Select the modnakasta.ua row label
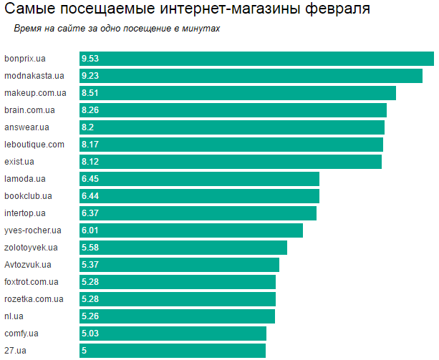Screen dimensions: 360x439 pos(34,76)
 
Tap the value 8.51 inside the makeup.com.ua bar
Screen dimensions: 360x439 pos(90,93)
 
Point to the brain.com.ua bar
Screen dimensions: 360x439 pos(233,110)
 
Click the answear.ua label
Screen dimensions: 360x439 pos(26,127)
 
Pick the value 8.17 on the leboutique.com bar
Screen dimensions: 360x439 pos(90,145)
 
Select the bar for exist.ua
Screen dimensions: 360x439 pos(231,162)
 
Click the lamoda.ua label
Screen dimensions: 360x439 pos(25,179)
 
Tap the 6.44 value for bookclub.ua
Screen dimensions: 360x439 pos(90,196)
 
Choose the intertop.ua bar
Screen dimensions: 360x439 pos(198,213)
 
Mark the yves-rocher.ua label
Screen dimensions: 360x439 pos(32,230)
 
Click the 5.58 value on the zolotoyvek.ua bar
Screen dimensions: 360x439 pos(90,248)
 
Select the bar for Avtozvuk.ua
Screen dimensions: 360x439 pos(179,265)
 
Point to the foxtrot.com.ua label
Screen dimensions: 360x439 pos(32,282)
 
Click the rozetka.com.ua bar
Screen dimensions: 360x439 pos(178,299)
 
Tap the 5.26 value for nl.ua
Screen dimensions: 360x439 pos(90,316)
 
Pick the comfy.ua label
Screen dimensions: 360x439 pos(21,334)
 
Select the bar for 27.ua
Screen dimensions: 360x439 pos(173,351)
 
